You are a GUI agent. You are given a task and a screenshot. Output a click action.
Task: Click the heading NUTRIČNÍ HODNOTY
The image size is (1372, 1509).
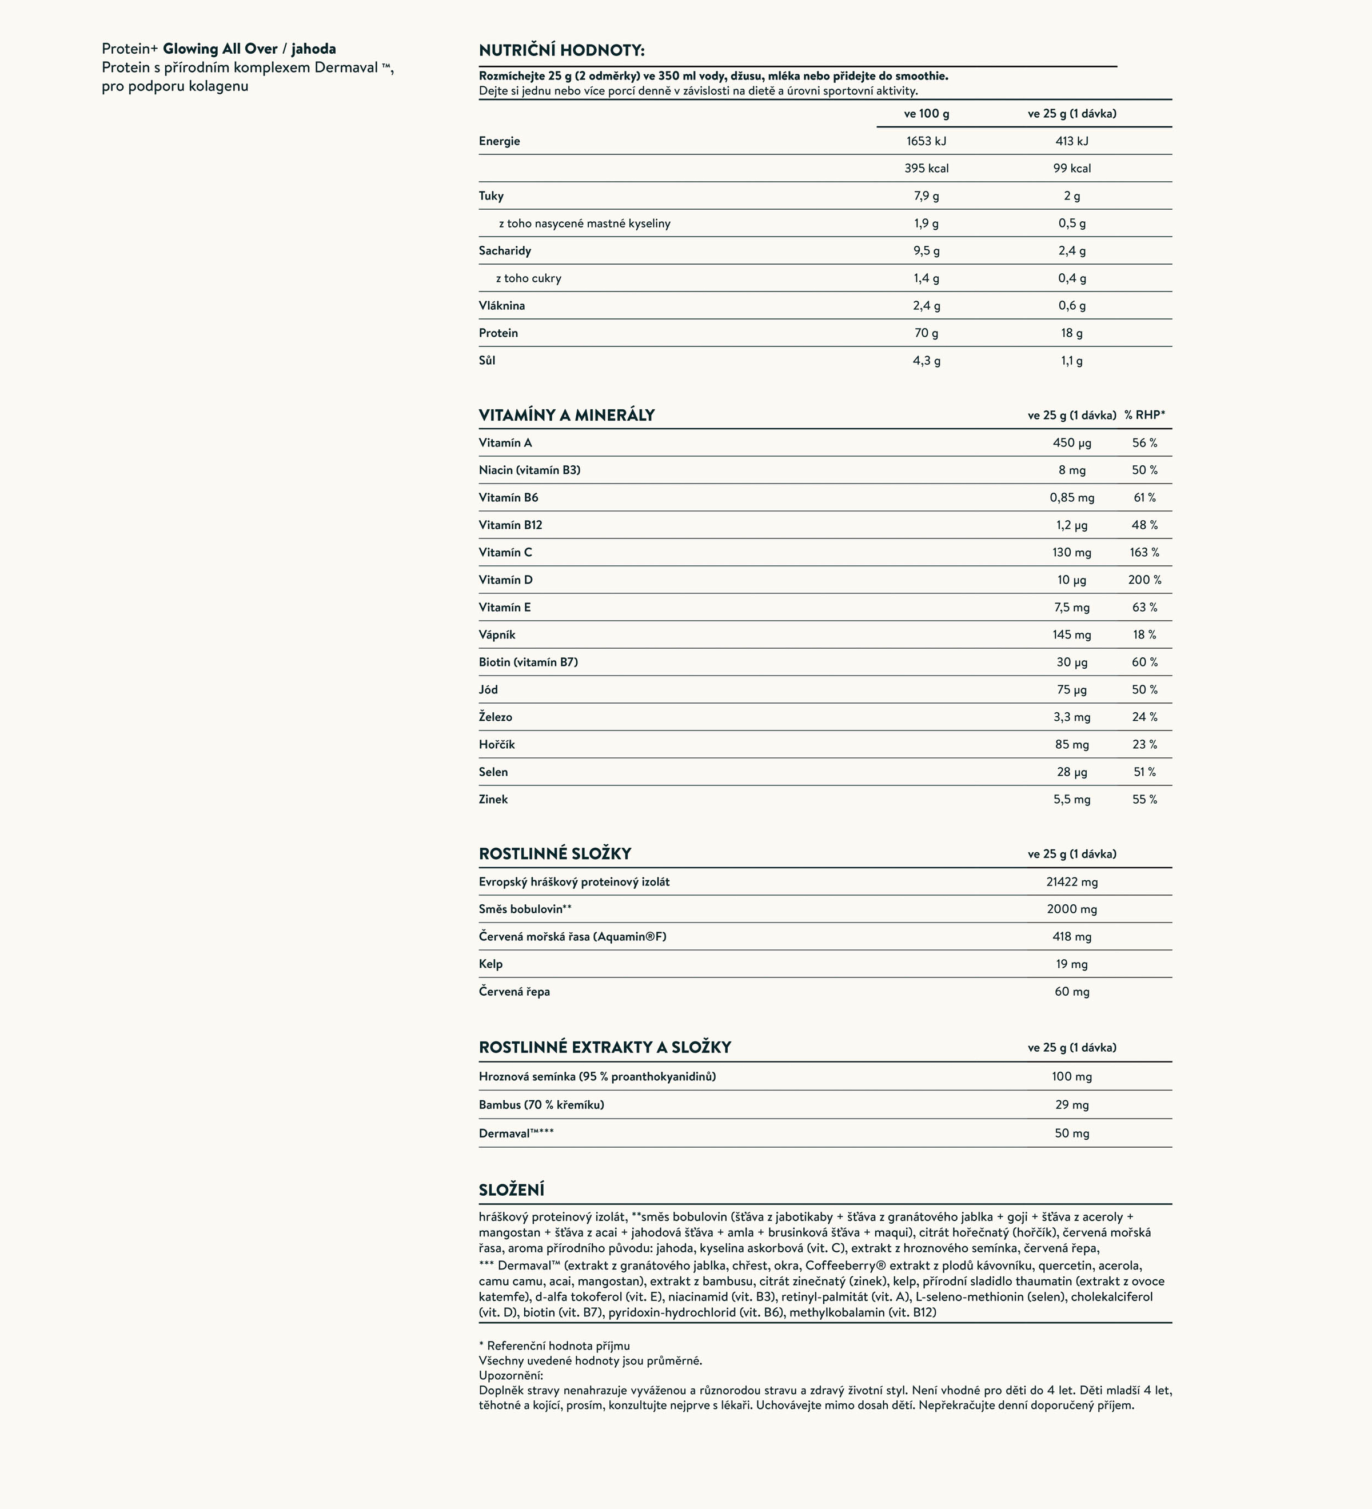click(x=561, y=50)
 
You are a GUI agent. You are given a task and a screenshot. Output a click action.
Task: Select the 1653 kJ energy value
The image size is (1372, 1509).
click(x=926, y=141)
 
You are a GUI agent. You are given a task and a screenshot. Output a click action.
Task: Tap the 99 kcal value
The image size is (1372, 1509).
click(x=1072, y=169)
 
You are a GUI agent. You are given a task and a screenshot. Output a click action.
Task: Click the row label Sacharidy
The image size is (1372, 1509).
click(x=504, y=251)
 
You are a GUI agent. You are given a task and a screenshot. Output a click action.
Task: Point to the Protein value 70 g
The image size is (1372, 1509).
click(x=926, y=333)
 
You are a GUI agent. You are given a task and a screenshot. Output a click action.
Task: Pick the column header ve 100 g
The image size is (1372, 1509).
click(x=926, y=114)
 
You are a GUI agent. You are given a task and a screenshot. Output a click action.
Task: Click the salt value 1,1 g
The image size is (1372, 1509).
click(x=1072, y=361)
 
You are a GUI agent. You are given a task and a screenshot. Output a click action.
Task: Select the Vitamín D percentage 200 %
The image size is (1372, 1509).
click(x=1144, y=580)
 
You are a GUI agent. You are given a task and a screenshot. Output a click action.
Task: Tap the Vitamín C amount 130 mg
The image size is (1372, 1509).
click(x=1072, y=552)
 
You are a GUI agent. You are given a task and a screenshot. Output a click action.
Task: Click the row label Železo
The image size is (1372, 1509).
click(x=496, y=717)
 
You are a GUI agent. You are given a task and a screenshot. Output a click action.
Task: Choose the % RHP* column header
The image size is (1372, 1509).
click(x=1144, y=414)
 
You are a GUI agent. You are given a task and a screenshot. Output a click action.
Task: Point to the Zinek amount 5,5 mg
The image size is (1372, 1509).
click(x=1072, y=800)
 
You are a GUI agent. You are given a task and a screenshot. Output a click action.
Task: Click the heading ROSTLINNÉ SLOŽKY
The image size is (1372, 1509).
click(x=555, y=853)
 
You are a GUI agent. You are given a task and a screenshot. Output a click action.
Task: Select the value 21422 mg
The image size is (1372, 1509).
click(x=1072, y=882)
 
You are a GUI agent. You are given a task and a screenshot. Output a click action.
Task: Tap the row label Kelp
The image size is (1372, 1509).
click(x=491, y=964)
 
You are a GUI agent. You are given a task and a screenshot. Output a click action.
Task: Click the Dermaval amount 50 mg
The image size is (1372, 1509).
click(x=1072, y=1133)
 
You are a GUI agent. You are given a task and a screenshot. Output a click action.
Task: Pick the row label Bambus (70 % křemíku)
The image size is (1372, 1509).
click(x=541, y=1105)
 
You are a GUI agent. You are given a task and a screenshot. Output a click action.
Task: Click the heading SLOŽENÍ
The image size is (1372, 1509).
click(x=511, y=1190)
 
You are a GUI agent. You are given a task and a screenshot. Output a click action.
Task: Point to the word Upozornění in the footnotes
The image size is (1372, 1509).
click(x=510, y=1375)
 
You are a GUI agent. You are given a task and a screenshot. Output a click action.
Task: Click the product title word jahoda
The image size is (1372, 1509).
click(x=314, y=49)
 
